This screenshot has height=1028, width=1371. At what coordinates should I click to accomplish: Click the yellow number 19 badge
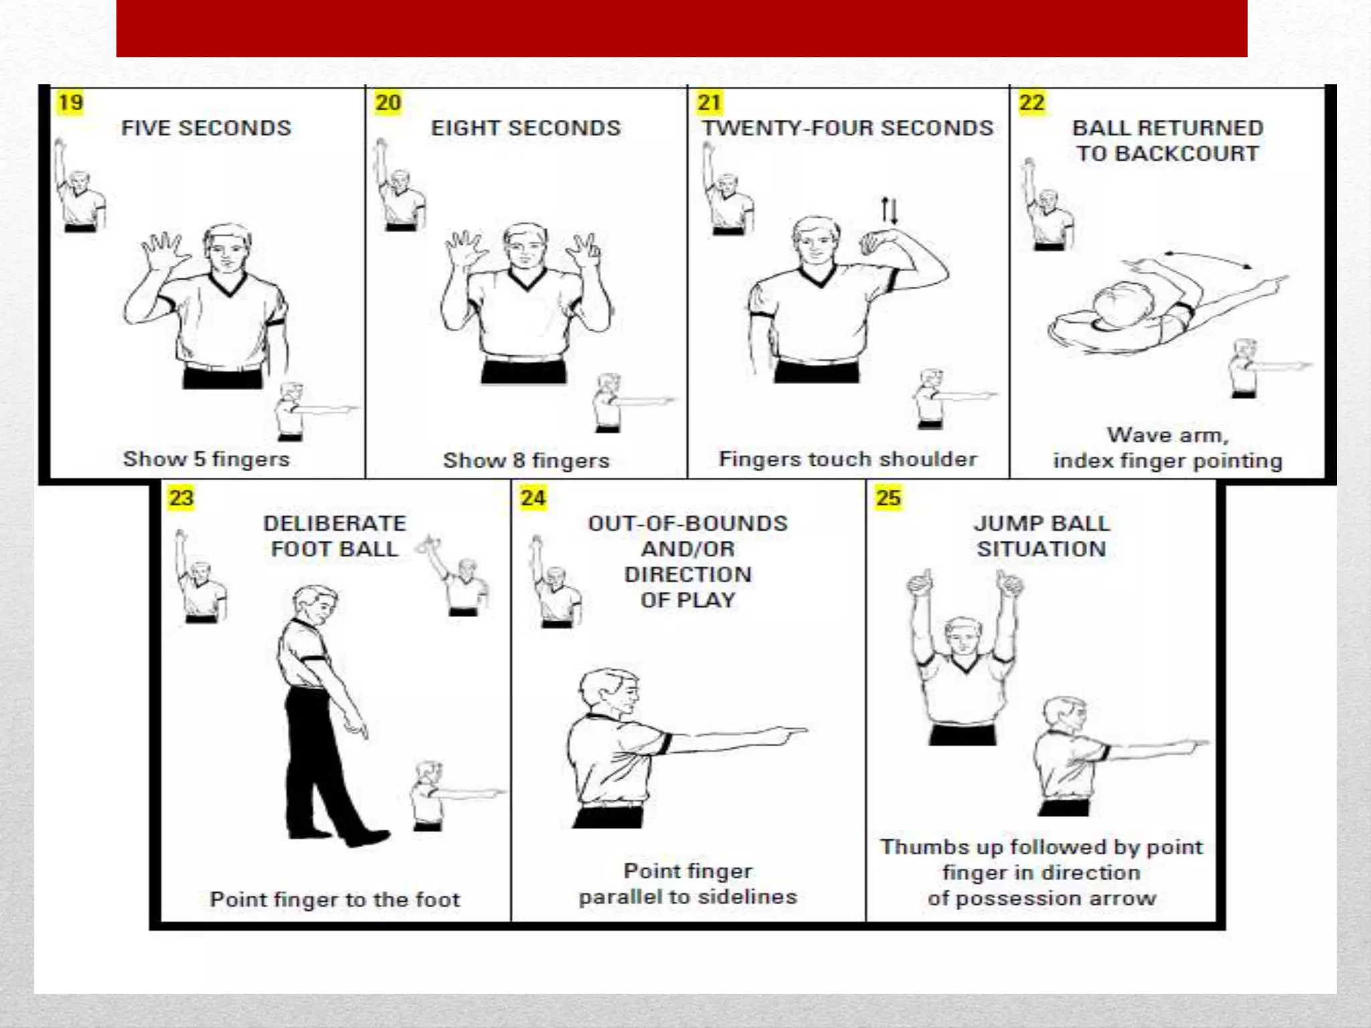click(70, 103)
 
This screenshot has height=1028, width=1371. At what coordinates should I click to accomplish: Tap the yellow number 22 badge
click(1032, 103)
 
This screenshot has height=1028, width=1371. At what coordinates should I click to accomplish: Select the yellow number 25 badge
click(888, 498)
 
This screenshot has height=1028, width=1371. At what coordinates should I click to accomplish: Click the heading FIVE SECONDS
click(206, 128)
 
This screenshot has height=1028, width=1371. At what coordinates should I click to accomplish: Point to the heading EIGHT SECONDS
click(526, 128)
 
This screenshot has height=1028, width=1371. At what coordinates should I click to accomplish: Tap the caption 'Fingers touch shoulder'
click(848, 459)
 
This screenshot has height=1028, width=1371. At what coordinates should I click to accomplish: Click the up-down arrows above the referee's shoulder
click(889, 210)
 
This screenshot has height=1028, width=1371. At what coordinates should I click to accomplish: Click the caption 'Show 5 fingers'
click(206, 459)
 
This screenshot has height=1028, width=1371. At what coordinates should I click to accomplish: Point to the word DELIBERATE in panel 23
click(335, 523)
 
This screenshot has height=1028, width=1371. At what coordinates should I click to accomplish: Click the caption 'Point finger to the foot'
click(335, 899)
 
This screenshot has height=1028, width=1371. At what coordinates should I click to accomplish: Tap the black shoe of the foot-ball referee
click(365, 838)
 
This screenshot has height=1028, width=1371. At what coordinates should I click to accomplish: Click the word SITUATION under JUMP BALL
click(1041, 549)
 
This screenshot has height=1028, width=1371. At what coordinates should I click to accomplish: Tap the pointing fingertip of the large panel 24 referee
click(807, 730)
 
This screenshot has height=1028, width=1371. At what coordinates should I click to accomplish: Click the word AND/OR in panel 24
click(688, 549)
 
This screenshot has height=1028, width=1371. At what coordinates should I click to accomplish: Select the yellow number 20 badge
click(388, 103)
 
